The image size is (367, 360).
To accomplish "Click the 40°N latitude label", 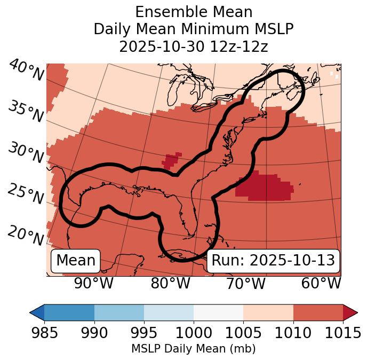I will point(25,70).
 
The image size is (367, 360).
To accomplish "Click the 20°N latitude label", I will point(25,234).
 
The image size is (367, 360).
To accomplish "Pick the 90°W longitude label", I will point(93,284).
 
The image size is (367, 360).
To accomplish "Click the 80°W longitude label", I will point(170,284).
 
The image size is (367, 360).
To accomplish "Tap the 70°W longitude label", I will point(246,284).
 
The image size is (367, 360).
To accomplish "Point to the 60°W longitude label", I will point(321,284).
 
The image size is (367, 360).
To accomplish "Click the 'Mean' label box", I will point(76,261).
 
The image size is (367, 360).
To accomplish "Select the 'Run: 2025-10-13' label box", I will point(273,261).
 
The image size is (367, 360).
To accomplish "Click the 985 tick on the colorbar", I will point(44,333).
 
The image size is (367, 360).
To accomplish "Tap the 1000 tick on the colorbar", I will point(194,333).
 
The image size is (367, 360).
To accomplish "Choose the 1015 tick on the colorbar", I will point(343,333).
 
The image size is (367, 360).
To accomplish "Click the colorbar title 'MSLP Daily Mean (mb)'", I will point(193,349).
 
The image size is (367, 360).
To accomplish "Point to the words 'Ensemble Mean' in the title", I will point(193,12).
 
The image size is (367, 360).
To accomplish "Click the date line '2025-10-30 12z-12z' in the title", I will point(193,46).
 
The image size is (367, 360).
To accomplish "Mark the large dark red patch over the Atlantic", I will point(264,187).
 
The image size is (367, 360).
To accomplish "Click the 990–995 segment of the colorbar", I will point(119,312).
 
